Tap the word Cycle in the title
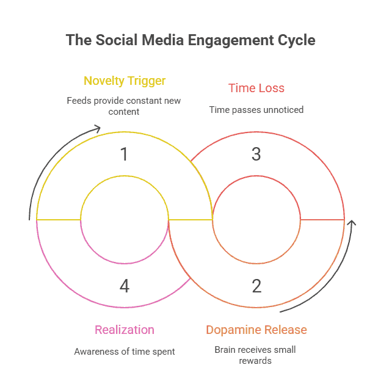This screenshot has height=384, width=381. point(295,41)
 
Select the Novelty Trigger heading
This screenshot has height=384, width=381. point(125,81)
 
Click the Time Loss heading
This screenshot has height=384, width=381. point(256,88)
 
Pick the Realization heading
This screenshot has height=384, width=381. point(124,330)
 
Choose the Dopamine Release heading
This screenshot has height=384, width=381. point(256,330)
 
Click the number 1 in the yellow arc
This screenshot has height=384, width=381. point(125,154)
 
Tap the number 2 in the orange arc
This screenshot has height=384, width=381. point(256,285)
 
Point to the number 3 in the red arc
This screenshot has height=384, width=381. point(256,154)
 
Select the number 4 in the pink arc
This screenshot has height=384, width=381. point(125,285)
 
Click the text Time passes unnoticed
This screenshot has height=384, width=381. point(256,110)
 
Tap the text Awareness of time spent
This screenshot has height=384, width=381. point(125,352)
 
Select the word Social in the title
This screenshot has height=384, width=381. point(115,41)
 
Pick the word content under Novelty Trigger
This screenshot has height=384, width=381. point(124,112)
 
